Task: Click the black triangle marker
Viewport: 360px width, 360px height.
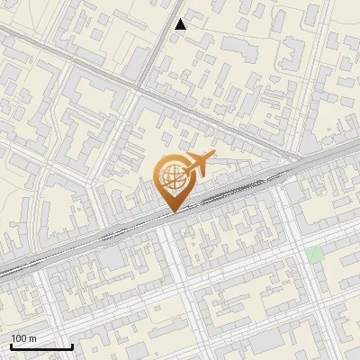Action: click(181, 24)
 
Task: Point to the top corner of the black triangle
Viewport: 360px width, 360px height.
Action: click(181, 19)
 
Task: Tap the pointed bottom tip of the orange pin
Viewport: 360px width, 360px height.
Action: click(173, 212)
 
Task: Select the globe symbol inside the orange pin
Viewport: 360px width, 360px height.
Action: click(172, 176)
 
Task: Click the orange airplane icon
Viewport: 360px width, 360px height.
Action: click(199, 164)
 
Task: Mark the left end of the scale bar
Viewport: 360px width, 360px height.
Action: click(11, 347)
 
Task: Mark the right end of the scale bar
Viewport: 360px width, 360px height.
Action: click(72, 347)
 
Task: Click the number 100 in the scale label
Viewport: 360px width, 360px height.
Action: click(20, 338)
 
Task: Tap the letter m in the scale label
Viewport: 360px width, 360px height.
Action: click(33, 338)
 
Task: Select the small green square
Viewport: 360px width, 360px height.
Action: click(314, 255)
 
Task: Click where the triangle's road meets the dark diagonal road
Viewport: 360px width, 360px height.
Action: click(144, 87)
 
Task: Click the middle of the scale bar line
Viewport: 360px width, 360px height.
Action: click(41, 347)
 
